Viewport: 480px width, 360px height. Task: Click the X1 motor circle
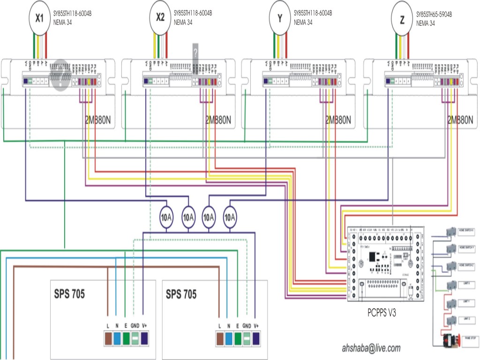(40, 18)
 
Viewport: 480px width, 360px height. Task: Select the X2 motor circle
(160, 18)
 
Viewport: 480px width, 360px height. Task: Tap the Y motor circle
(280, 18)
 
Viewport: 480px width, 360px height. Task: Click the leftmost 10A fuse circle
(167, 217)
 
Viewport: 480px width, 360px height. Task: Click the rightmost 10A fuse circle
(230, 217)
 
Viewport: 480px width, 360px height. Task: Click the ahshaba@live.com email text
(371, 348)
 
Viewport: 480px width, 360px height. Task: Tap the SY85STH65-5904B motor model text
(434, 15)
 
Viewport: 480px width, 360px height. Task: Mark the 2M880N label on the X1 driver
(99, 120)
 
